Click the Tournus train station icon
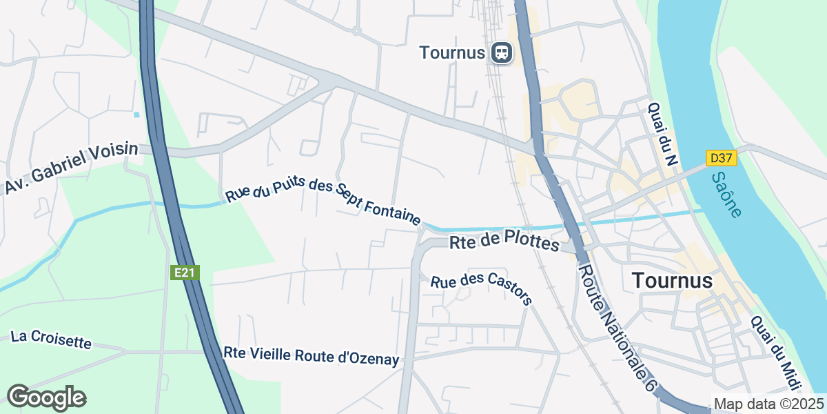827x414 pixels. coord(502,52)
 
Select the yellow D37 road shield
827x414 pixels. coord(721,158)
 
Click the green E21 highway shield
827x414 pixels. coord(185,273)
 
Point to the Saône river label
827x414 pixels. coord(726,195)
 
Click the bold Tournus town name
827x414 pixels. coord(671,280)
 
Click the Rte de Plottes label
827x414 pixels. coord(504,243)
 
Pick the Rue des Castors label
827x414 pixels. coord(482,290)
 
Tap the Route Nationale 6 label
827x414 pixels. coord(615,328)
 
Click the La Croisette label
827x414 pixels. coord(51,339)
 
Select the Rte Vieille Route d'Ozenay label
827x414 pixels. coord(312,355)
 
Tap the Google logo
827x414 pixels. coord(46,397)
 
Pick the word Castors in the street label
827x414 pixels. coord(509,295)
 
